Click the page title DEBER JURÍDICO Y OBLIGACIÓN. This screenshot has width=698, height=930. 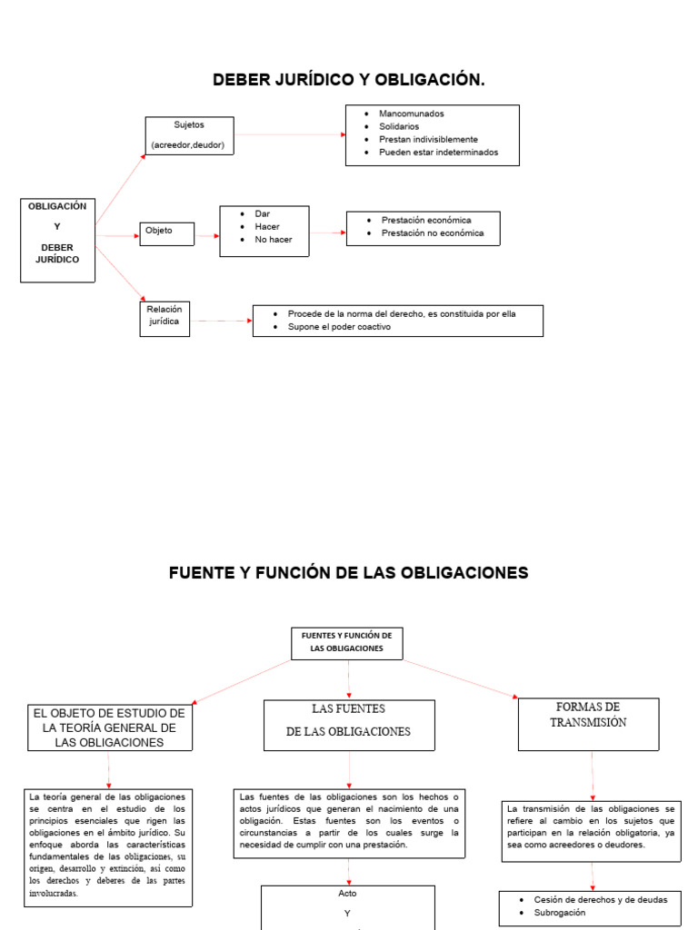[348, 80]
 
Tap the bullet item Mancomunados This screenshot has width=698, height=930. [412, 114]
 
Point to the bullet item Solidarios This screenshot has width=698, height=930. [399, 126]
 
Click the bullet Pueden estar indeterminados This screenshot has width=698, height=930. [439, 153]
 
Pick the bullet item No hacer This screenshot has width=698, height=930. [273, 240]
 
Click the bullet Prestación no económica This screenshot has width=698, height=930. [432, 233]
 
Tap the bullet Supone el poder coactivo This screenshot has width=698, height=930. [339, 327]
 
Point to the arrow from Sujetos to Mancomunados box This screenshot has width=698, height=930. [290, 134]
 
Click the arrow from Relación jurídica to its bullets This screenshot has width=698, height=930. [222, 321]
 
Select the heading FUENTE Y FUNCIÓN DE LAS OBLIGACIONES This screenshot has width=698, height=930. [348, 573]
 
